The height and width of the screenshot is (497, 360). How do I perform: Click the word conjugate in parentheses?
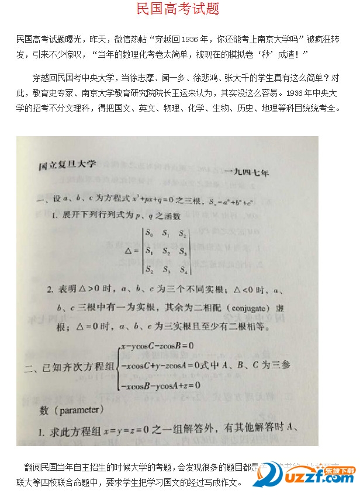click(x=245, y=308)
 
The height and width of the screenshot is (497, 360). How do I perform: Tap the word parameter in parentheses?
click(x=81, y=410)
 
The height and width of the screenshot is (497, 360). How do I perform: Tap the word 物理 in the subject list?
click(x=184, y=108)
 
